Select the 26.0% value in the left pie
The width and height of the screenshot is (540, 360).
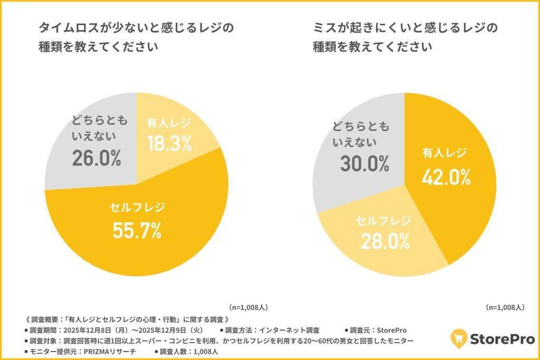click(97, 158)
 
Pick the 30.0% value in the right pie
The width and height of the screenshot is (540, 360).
click(364, 164)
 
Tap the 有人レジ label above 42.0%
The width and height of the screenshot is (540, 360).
click(445, 153)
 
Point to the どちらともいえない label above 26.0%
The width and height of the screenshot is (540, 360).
click(100, 129)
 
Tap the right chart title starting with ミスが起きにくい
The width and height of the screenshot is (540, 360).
click(405, 37)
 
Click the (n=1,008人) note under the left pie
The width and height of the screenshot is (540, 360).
click(248, 307)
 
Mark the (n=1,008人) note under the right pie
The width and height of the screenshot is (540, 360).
click(504, 307)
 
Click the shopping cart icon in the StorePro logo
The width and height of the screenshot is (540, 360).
click(459, 337)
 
